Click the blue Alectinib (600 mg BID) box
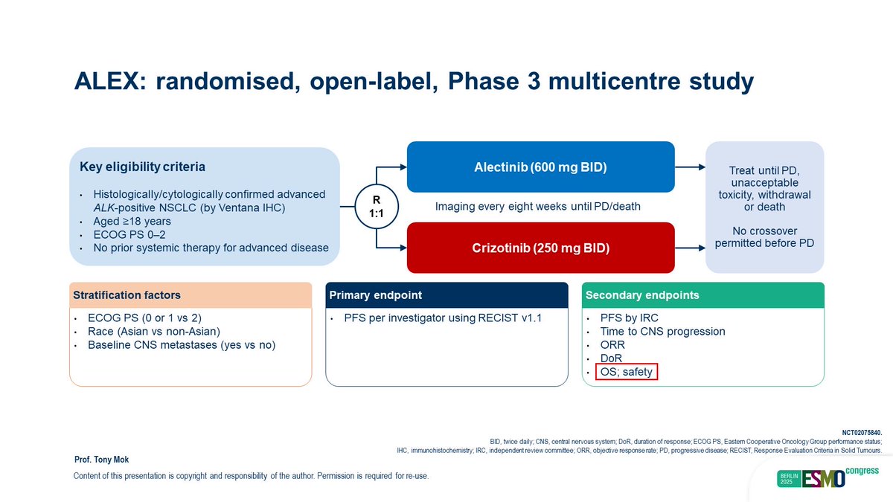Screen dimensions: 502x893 540,167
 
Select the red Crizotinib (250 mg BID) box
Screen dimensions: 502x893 540,248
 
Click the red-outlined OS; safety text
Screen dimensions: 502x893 627,372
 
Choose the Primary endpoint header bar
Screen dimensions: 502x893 446,295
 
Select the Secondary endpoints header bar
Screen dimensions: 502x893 702,295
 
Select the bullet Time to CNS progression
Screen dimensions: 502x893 662,332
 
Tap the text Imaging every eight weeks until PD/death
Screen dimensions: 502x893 538,206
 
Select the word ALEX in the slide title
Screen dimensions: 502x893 106,81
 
